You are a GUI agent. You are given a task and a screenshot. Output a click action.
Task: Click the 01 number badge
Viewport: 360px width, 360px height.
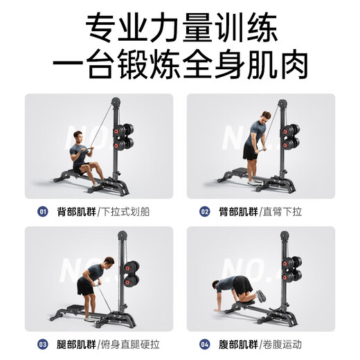[x=43, y=211]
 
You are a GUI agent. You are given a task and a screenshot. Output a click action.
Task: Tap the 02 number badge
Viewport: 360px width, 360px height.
[x=204, y=211]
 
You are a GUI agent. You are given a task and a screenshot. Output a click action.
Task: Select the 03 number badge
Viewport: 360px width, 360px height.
[x=43, y=344]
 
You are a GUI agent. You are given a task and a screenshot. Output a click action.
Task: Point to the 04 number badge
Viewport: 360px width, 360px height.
[x=204, y=344]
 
